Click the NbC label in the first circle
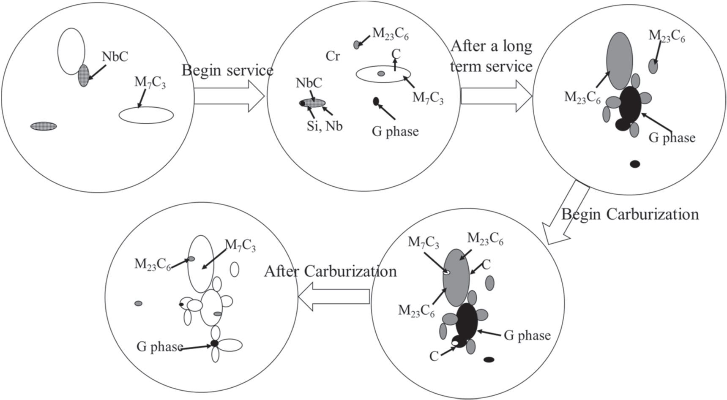click(115, 57)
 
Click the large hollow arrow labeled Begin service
click(229, 96)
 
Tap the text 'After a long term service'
click(491, 56)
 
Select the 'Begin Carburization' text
click(630, 214)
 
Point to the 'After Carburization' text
click(330, 271)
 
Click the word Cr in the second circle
click(333, 56)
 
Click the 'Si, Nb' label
click(324, 126)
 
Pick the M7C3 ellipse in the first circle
click(146, 115)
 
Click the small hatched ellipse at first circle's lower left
click(43, 126)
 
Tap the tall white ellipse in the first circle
click(71, 51)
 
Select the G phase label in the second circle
click(395, 131)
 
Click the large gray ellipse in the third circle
click(619, 61)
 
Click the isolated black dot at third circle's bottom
click(635, 164)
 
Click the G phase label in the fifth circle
click(159, 347)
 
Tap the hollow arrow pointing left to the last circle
click(334, 296)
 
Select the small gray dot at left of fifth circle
click(138, 303)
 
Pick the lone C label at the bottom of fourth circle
click(434, 356)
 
